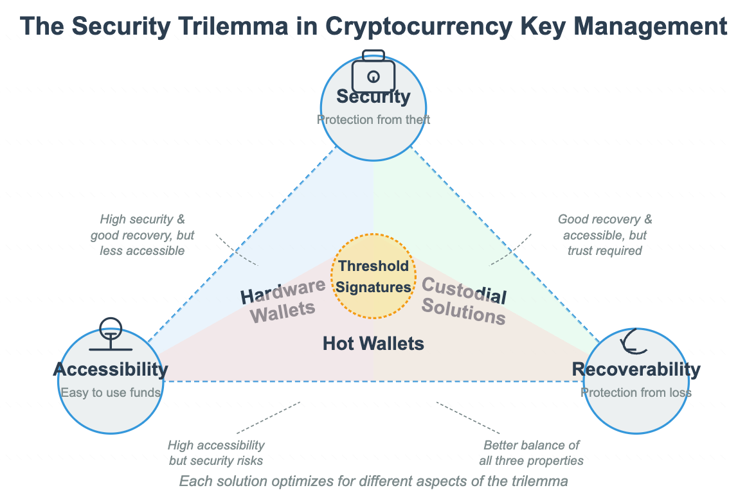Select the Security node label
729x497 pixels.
(373, 96)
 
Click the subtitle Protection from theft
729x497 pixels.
(373, 119)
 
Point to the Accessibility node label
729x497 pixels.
(110, 369)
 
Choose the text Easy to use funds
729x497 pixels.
(110, 392)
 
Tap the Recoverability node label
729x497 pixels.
(636, 369)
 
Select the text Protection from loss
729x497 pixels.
(636, 392)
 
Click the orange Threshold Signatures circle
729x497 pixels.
(373, 277)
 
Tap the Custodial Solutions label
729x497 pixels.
(463, 302)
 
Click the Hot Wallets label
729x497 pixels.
(373, 344)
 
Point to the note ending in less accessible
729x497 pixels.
(142, 235)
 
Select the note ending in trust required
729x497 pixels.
(604, 235)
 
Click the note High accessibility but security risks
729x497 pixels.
(216, 453)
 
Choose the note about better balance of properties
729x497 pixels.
(531, 453)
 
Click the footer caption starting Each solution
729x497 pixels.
(373, 481)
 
